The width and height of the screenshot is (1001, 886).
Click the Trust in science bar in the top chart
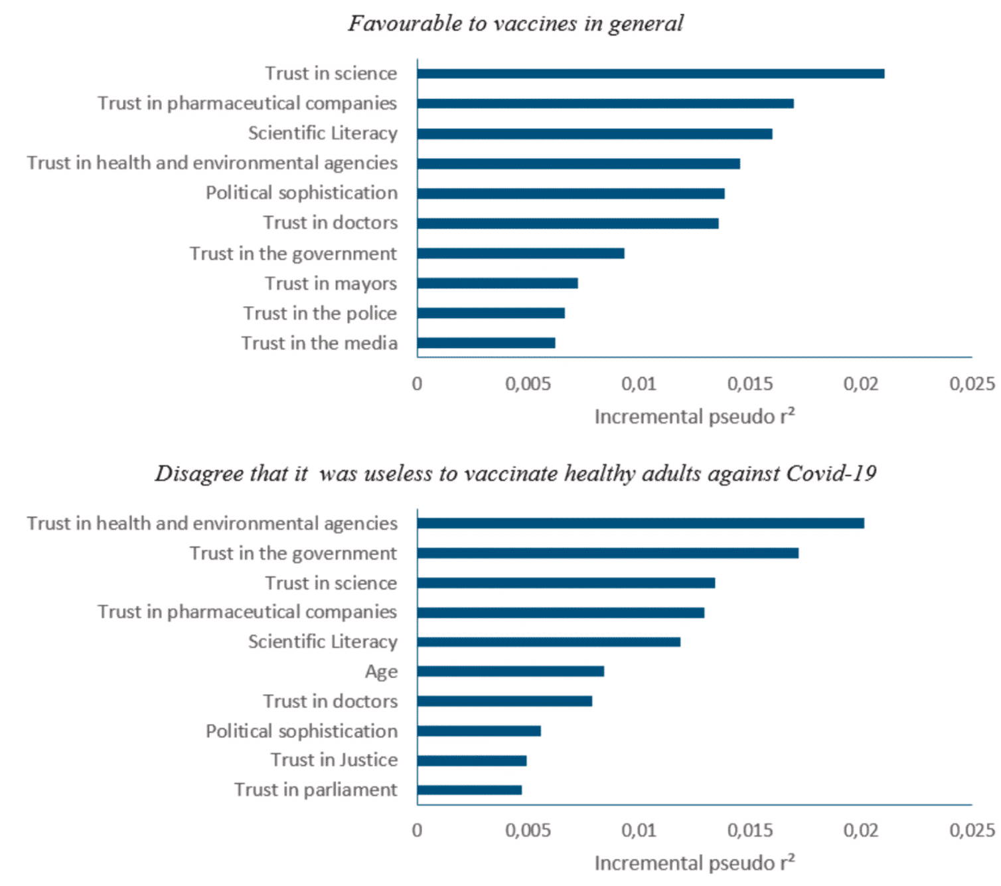pyautogui.click(x=651, y=74)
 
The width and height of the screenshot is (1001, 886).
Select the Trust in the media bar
pyautogui.click(x=486, y=343)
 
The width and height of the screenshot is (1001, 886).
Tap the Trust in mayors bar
pyautogui.click(x=497, y=284)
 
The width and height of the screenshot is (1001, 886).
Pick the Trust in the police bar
pyautogui.click(x=491, y=313)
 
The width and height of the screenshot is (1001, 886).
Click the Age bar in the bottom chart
pyautogui.click(x=510, y=671)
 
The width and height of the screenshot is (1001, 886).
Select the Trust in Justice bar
pyautogui.click(x=472, y=760)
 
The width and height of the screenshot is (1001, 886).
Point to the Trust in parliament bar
pyautogui.click(x=469, y=790)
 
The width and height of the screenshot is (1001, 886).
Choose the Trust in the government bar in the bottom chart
pyautogui.click(x=607, y=553)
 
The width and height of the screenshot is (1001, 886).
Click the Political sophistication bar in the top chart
pyautogui.click(x=571, y=193)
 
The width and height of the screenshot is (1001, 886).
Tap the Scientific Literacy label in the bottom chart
pyautogui.click(x=323, y=642)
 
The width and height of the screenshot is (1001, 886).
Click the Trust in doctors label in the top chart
pyautogui.click(x=330, y=222)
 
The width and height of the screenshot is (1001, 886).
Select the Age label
pyautogui.click(x=381, y=671)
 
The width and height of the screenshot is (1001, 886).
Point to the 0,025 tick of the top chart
pyautogui.click(x=972, y=384)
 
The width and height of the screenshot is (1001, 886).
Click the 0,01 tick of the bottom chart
pyautogui.click(x=639, y=830)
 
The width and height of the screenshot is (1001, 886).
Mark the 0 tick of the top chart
pyautogui.click(x=417, y=384)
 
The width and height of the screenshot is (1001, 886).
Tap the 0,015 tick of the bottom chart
pyautogui.click(x=750, y=830)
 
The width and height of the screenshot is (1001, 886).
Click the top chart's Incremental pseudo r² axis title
pyautogui.click(x=694, y=416)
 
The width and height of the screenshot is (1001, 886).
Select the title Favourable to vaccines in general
pyautogui.click(x=516, y=23)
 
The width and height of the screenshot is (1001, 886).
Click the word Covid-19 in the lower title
pyautogui.click(x=831, y=474)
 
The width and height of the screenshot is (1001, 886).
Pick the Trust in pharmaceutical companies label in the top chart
pyautogui.click(x=247, y=104)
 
